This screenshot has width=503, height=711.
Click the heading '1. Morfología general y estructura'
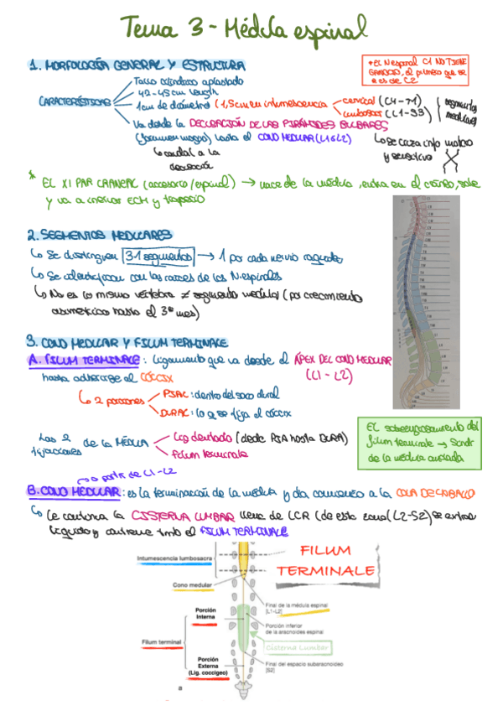click(x=136, y=65)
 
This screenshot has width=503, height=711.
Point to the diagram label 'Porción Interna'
click(x=206, y=613)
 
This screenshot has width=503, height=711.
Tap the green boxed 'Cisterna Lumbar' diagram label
click(x=298, y=647)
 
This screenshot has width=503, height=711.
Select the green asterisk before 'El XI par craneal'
click(x=31, y=177)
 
